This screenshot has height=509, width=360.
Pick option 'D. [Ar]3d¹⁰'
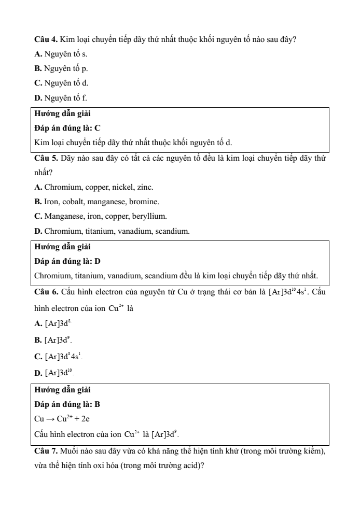[54, 372]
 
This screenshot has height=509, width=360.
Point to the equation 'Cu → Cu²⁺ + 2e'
[63, 418]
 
